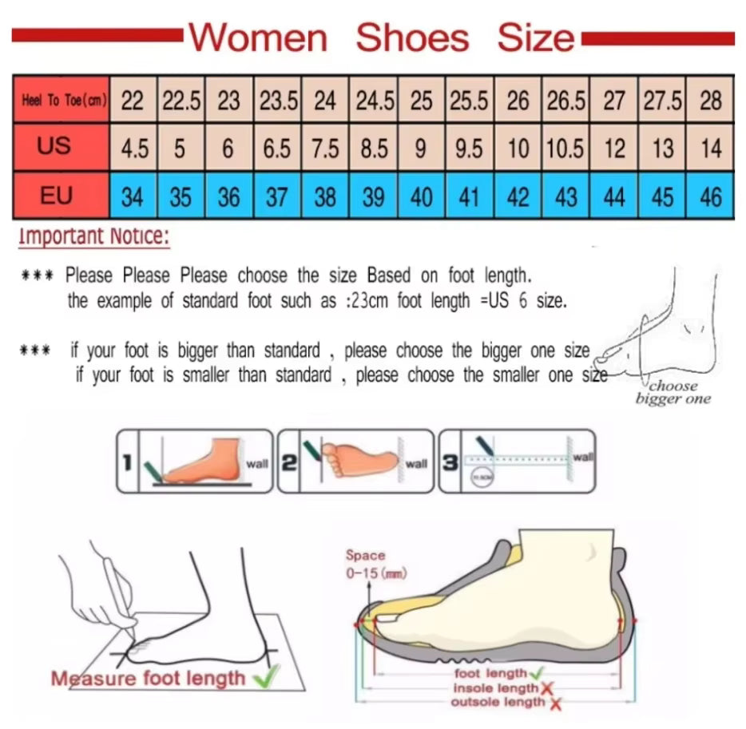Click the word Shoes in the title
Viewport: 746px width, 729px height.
412,38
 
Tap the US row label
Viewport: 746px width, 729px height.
54,146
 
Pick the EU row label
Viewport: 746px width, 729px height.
56,195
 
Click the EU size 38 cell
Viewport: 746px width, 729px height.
325,196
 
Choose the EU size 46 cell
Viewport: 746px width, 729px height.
710,196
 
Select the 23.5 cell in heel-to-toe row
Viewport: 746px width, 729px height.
277,101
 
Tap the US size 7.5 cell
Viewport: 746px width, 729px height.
325,149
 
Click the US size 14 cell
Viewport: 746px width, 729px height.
710,149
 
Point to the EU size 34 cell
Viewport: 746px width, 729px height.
133,196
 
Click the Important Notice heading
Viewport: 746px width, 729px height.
93,236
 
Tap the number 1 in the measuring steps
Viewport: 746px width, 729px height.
126,462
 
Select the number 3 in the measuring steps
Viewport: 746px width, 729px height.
450,462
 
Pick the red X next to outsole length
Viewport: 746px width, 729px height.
555,703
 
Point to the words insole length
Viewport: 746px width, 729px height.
495,688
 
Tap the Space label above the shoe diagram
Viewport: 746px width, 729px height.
364,555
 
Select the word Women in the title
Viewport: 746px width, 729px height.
259,38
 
